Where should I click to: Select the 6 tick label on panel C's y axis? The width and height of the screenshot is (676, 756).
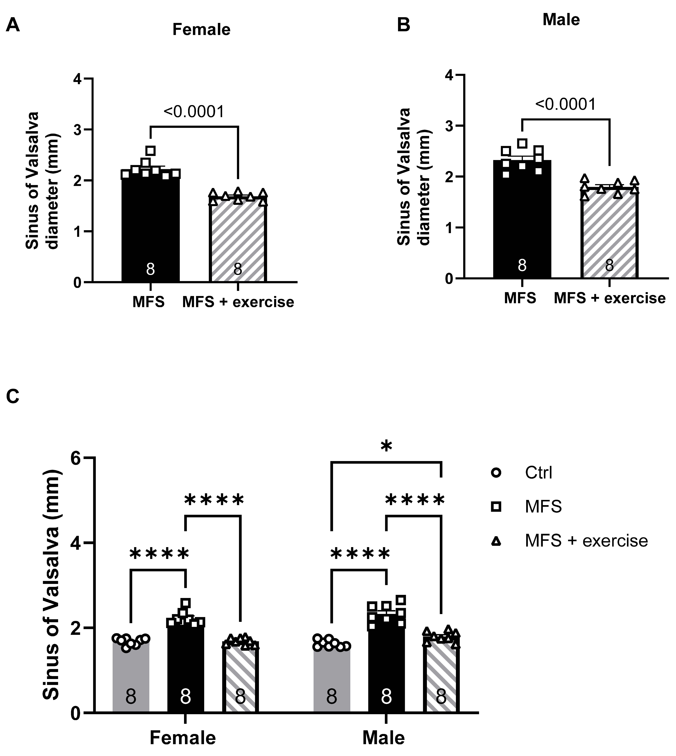76,458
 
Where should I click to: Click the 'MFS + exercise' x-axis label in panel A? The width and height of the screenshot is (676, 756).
238,302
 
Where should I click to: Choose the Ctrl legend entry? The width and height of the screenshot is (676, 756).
538,473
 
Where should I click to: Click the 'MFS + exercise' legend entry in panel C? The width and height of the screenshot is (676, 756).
586,540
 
